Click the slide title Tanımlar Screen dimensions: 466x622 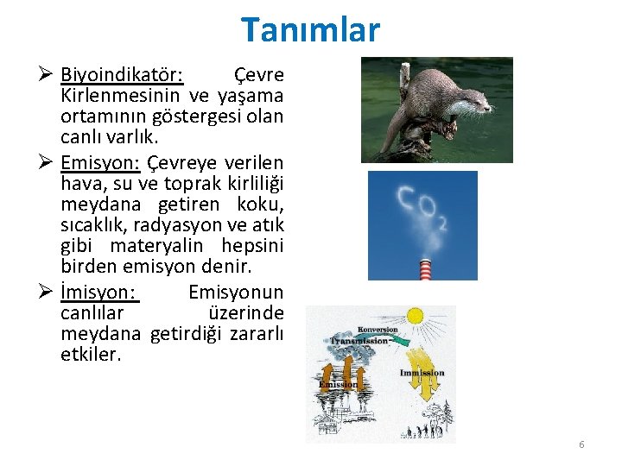pyautogui.click(x=310, y=29)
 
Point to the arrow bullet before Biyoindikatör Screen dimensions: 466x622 pyautogui.click(x=48, y=75)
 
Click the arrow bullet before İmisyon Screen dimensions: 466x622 pyautogui.click(x=48, y=293)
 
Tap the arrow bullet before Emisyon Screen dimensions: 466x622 pyautogui.click(x=48, y=163)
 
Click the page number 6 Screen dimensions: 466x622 pyautogui.click(x=581, y=444)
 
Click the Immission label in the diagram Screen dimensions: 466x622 pyautogui.click(x=422, y=373)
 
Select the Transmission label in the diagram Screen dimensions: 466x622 pyautogui.click(x=359, y=341)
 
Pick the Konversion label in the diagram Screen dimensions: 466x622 pyautogui.click(x=378, y=330)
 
